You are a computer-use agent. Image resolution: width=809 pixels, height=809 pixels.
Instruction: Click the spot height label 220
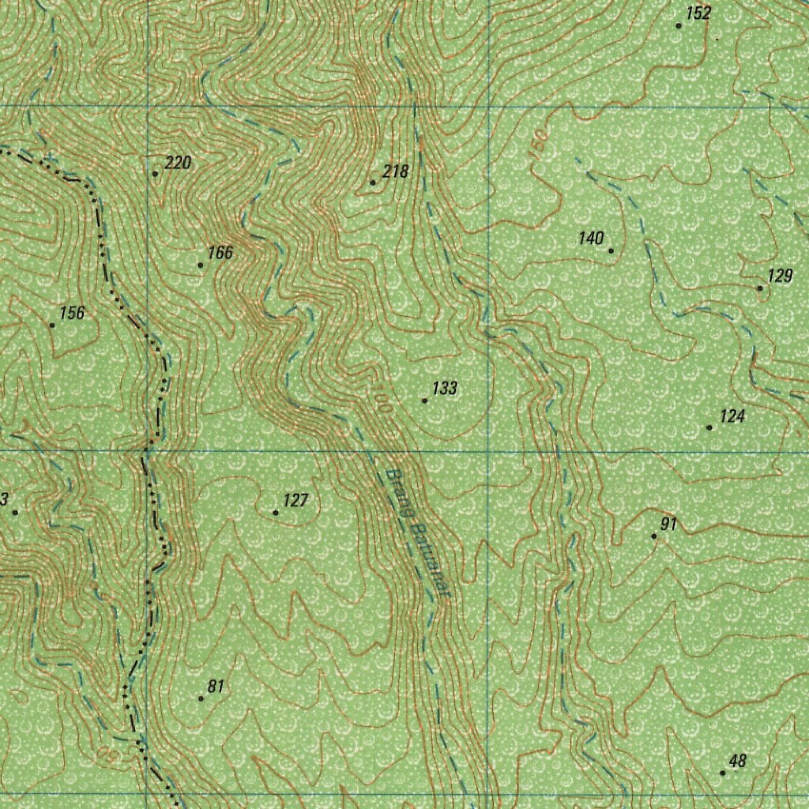point(179,164)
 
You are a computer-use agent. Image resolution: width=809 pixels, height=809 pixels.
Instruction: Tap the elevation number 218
point(395,171)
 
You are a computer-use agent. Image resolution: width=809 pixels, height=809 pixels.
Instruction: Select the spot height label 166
point(220,253)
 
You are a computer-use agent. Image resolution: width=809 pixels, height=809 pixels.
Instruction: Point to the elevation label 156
point(72,313)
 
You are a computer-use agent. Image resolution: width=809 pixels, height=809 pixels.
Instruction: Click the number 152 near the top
point(698,13)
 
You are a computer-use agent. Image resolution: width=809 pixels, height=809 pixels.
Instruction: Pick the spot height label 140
point(590,239)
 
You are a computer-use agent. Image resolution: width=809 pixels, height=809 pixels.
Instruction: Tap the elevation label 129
point(780,276)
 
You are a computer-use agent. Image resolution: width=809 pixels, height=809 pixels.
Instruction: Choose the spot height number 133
point(445,389)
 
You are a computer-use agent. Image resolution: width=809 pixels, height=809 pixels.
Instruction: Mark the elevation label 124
point(732,416)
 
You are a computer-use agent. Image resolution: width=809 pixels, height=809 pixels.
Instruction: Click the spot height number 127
point(295,500)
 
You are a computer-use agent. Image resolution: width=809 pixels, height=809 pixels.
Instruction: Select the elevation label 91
point(669,524)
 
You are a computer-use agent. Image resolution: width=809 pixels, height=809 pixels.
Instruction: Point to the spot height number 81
point(216,687)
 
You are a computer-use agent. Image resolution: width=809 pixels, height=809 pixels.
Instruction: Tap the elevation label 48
point(737,762)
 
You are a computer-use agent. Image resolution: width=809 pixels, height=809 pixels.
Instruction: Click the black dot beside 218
point(373,182)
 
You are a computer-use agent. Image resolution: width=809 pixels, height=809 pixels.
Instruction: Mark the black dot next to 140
point(611,250)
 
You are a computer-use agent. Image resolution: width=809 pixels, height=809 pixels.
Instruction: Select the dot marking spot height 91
point(653,536)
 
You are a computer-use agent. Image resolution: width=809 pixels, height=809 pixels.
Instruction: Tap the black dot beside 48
point(722,773)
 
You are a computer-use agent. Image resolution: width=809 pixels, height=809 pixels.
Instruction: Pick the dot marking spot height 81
point(201,698)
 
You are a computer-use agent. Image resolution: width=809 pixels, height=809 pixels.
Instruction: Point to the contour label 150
point(538,147)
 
